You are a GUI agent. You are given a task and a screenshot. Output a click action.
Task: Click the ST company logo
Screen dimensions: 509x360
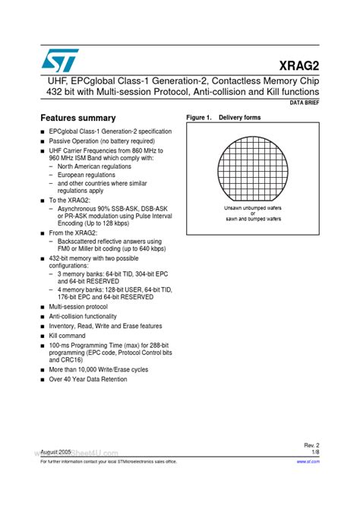(x=57, y=60)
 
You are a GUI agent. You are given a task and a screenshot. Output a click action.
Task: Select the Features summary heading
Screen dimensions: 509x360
(x=77, y=118)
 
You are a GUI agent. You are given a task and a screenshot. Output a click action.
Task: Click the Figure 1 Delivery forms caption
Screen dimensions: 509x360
(x=223, y=118)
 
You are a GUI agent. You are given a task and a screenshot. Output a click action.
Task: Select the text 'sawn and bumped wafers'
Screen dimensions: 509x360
(x=253, y=219)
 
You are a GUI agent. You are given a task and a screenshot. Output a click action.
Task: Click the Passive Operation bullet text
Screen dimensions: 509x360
(x=91, y=141)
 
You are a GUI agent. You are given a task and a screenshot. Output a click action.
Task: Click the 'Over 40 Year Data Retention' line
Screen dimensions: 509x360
(x=88, y=379)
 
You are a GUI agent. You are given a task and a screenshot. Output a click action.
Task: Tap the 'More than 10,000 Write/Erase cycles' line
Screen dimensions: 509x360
(x=99, y=370)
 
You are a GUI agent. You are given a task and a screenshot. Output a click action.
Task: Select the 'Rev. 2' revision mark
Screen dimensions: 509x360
(x=312, y=444)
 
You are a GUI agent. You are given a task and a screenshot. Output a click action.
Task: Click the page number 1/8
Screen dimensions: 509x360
(x=315, y=452)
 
